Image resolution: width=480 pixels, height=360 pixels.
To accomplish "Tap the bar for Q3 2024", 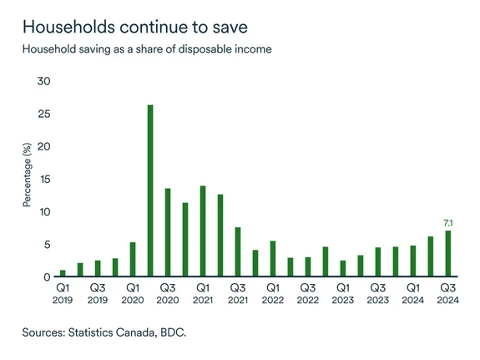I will [x=447, y=253].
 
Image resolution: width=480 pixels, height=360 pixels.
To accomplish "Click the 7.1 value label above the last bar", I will [x=447, y=222].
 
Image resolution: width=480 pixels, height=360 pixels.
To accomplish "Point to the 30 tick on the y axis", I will [x=44, y=81].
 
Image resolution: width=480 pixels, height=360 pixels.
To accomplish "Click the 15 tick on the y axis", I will [x=44, y=179].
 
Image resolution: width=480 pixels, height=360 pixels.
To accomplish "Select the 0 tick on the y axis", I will [x=48, y=276].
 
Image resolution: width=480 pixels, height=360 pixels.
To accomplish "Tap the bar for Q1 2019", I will [x=63, y=273].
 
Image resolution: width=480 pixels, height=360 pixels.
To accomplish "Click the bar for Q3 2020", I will [x=168, y=232].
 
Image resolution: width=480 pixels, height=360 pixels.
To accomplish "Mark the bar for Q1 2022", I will [x=273, y=258].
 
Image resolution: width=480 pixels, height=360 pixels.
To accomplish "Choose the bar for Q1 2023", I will [x=343, y=268].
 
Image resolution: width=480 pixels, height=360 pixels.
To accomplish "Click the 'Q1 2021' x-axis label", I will [x=203, y=292].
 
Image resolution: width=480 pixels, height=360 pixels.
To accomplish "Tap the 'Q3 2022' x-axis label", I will [x=308, y=292].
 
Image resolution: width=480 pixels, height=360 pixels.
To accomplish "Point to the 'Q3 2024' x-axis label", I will [x=447, y=292].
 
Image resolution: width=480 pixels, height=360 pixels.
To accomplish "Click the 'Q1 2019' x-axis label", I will [x=63, y=292].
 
